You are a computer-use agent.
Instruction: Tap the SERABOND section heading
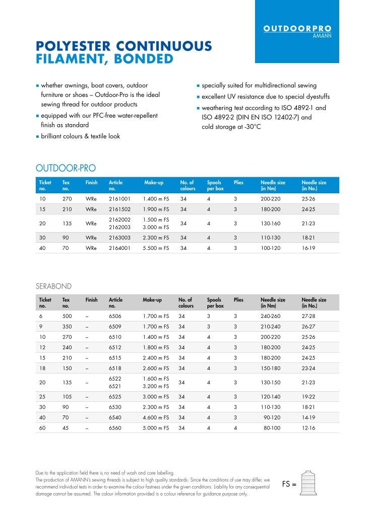[53, 286]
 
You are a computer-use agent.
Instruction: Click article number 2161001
[119, 199]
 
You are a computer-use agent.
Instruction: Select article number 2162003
[119, 228]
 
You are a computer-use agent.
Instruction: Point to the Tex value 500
[67, 315]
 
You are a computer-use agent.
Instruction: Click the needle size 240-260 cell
[272, 315]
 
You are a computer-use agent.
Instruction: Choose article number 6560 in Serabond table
[115, 428]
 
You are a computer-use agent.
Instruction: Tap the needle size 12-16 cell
[308, 428]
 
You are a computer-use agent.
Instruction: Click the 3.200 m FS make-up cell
[156, 387]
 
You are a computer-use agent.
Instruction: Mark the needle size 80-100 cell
[272, 428]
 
